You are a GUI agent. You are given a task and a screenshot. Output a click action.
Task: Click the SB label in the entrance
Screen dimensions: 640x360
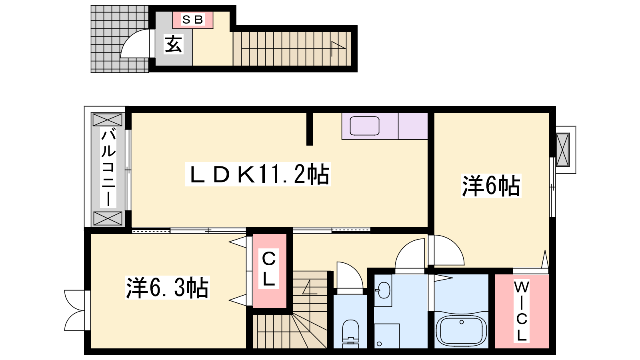click(x=192, y=20)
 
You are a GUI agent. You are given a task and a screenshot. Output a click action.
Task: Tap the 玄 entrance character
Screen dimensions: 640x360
click(x=174, y=44)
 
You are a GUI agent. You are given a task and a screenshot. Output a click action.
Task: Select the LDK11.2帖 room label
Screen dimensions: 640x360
click(x=258, y=174)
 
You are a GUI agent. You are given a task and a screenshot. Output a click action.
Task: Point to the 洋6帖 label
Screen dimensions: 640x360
click(x=491, y=186)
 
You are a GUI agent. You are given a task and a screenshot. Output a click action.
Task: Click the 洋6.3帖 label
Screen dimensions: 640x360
click(x=168, y=288)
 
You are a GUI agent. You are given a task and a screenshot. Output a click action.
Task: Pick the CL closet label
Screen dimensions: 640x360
click(x=268, y=268)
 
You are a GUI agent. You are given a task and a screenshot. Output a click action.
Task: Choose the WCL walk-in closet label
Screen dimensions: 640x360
click(x=522, y=311)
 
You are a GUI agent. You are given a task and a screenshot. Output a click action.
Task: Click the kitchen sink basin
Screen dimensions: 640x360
click(x=364, y=126)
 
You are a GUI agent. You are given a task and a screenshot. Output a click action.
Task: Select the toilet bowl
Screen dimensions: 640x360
click(x=350, y=334)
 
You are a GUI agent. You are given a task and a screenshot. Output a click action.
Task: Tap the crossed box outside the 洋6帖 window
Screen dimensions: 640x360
click(x=563, y=150)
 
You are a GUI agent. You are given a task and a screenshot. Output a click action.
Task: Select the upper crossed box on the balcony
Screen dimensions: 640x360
click(x=108, y=120)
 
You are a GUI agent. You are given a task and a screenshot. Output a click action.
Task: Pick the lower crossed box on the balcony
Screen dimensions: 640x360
click(x=108, y=218)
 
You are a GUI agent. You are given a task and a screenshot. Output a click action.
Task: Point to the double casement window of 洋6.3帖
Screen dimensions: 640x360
click(x=75, y=310)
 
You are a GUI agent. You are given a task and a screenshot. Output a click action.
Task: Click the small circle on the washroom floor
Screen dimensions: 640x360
click(x=380, y=344)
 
